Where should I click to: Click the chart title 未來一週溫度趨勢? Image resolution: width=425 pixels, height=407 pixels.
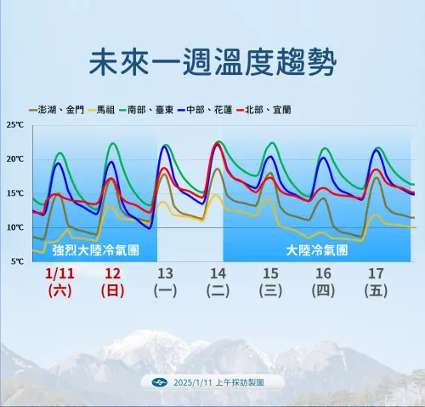pos(212,62)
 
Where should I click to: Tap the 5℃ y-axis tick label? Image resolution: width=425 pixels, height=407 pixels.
pos(17,261)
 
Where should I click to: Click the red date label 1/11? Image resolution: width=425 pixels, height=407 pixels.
pos(59,273)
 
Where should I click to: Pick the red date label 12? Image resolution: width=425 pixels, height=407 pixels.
pos(112,273)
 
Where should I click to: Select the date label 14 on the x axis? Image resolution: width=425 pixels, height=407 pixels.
pos(218,273)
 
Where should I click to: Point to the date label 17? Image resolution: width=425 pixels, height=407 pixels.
pos(375,273)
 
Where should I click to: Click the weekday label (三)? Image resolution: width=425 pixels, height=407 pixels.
pos(270,290)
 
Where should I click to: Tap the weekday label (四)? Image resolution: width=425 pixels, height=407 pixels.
pos(323,290)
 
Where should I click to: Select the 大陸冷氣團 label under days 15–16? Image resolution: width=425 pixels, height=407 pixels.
pos(316,251)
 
